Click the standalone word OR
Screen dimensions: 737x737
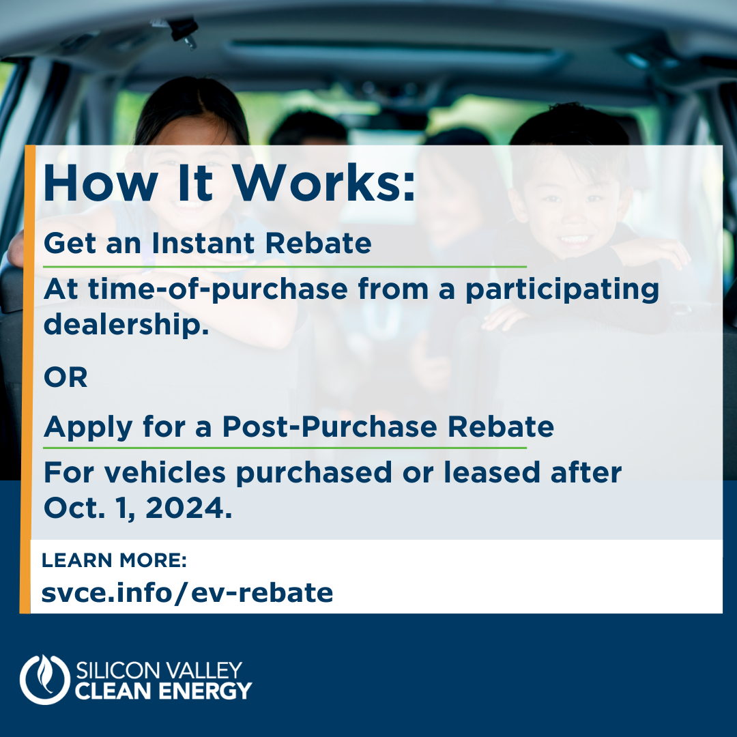click(x=66, y=377)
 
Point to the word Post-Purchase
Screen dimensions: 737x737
click(x=330, y=427)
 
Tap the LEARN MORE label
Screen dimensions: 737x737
click(x=114, y=560)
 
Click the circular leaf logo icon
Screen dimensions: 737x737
click(x=44, y=680)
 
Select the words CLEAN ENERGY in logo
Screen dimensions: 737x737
click(x=163, y=691)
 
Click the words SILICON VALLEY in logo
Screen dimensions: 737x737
click(x=159, y=670)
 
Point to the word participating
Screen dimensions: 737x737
click(x=562, y=290)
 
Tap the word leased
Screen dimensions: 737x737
click(x=491, y=472)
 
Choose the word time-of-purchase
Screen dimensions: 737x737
click(x=218, y=289)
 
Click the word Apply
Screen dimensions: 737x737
click(x=88, y=427)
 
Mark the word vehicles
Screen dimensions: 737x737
click(x=164, y=472)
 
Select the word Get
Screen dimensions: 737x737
click(x=70, y=243)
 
